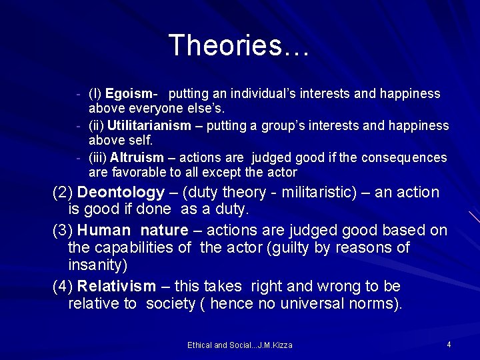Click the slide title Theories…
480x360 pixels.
(x=239, y=45)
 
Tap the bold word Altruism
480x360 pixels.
(x=137, y=158)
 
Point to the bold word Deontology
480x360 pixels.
(x=121, y=193)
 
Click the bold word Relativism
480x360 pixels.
(x=117, y=287)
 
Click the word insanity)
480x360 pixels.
(x=97, y=265)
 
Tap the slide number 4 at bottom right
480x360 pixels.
(x=449, y=344)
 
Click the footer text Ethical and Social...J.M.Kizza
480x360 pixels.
(x=239, y=345)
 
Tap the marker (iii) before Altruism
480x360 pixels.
(x=98, y=158)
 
